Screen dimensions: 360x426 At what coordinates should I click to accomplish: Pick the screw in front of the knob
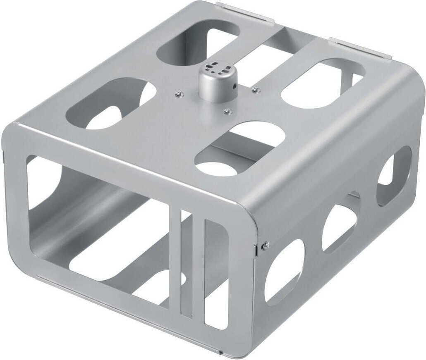227,111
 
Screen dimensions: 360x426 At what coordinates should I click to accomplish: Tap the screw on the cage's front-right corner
265,244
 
